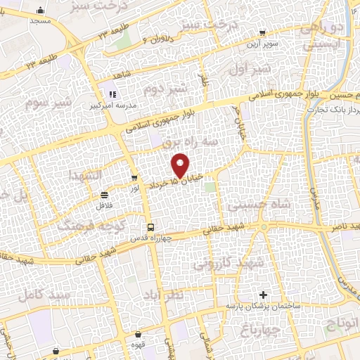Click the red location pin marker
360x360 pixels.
point(181,165)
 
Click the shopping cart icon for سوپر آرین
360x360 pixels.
point(262,32)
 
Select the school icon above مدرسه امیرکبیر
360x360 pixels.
point(110,94)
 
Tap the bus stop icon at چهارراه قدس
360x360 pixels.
point(150,226)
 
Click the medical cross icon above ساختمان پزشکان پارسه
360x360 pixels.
point(264,295)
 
